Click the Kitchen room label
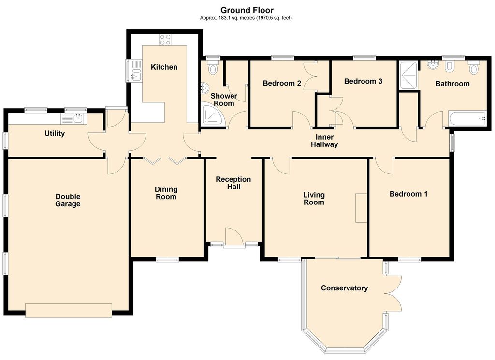click(x=164, y=67)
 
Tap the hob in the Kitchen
click(x=165, y=40)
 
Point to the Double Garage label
click(x=68, y=201)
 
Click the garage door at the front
click(x=69, y=310)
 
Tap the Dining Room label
click(x=166, y=193)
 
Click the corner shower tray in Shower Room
click(x=213, y=115)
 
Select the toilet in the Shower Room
click(x=213, y=68)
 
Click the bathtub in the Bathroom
click(x=466, y=118)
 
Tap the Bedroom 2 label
click(x=282, y=83)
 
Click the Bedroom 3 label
click(x=363, y=81)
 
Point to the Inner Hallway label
click(x=324, y=141)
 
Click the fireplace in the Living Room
click(x=361, y=208)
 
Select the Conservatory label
click(x=344, y=288)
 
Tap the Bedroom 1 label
click(x=408, y=194)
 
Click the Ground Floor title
click(x=247, y=10)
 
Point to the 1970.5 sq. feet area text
click(x=272, y=18)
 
